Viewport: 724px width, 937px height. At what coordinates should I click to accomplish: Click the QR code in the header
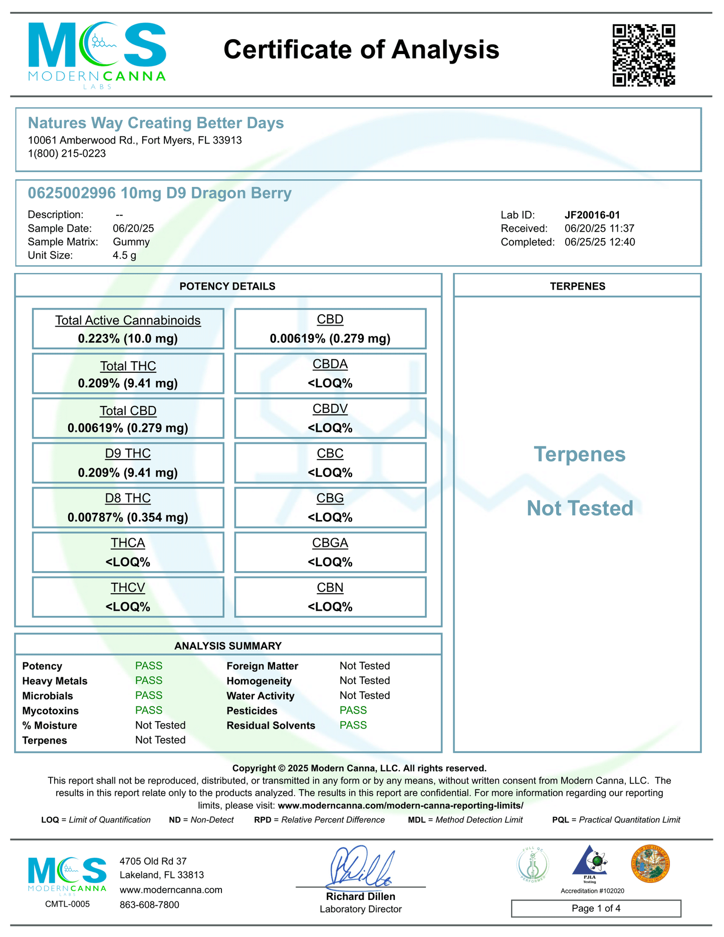643,55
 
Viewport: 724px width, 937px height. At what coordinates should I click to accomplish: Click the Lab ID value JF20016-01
592,215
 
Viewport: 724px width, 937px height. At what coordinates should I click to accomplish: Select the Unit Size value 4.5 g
124,256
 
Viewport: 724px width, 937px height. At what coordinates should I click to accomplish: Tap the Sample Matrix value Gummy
131,242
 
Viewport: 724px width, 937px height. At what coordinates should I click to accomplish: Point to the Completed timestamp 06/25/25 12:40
599,242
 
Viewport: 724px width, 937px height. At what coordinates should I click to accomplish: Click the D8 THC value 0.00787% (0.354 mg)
128,517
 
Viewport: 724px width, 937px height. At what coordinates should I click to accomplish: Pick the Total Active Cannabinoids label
128,320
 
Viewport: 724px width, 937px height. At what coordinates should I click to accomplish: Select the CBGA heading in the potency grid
330,543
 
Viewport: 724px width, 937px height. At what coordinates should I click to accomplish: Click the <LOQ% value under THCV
128,607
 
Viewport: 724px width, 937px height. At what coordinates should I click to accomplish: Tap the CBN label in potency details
330,587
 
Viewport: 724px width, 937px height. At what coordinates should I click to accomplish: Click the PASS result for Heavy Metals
149,680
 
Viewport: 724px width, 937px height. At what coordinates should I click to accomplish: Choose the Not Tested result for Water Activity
364,695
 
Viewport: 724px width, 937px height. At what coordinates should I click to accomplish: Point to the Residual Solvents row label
271,726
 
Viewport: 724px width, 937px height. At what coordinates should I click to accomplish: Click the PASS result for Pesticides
353,710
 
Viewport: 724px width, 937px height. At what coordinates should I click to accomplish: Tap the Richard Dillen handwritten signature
359,866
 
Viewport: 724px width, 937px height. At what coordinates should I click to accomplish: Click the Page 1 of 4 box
596,908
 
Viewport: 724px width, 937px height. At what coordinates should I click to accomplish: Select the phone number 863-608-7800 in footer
149,905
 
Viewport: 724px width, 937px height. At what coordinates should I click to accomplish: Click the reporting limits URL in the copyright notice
400,806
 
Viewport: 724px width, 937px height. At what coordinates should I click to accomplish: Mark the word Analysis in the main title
445,50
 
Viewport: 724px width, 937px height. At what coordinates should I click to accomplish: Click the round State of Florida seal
650,864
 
